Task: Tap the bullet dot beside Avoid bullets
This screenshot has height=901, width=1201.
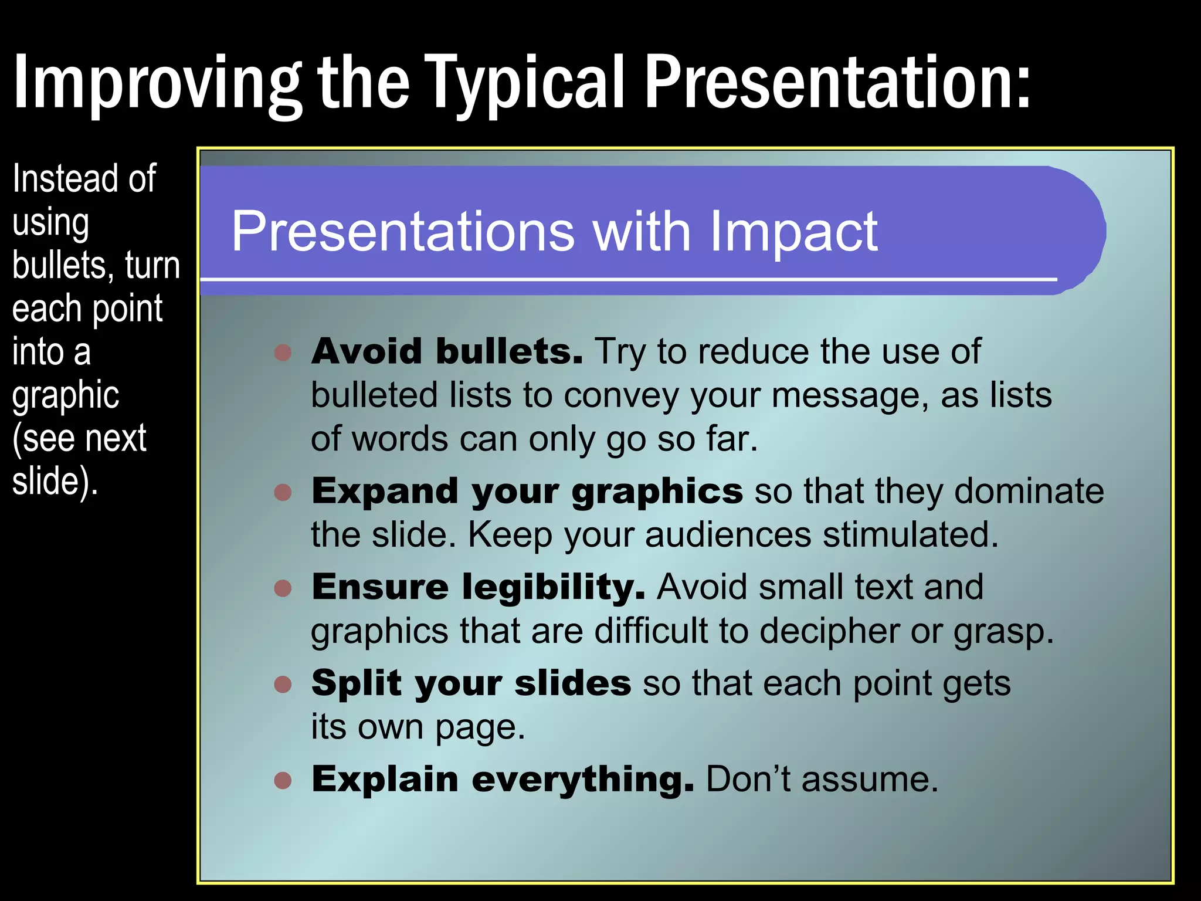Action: tap(283, 352)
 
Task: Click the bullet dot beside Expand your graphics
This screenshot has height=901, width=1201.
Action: tap(283, 492)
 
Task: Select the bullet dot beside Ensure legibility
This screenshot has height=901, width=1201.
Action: tap(283, 588)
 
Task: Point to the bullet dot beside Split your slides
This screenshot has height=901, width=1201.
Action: tap(283, 684)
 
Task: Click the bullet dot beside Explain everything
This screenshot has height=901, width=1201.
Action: tap(283, 780)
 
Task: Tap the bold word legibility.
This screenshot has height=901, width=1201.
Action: tap(554, 587)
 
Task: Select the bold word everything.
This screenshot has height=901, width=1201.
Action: tap(583, 780)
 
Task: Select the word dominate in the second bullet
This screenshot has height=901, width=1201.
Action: tap(1029, 491)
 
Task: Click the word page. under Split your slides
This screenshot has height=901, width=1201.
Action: tap(480, 728)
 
